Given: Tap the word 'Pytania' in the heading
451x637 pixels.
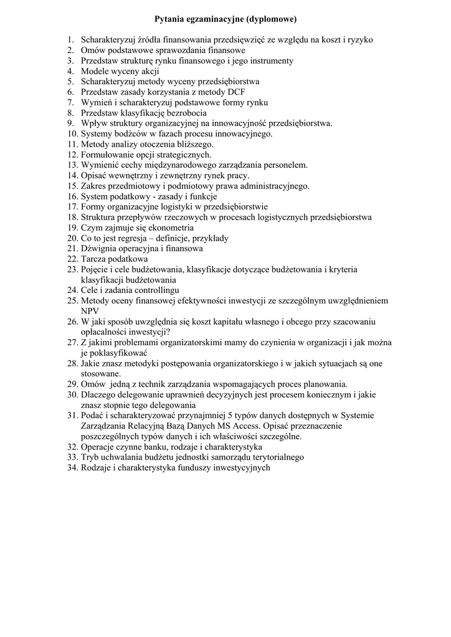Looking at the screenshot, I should click(x=170, y=19).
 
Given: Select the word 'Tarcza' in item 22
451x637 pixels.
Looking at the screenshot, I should click(x=93, y=259).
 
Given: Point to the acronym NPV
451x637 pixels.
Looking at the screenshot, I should click(x=90, y=311).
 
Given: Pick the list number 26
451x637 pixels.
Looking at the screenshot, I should click(x=72, y=322).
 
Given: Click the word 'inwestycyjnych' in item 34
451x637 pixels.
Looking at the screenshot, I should click(x=242, y=468).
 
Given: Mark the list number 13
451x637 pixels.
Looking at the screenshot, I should click(x=72, y=165).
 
